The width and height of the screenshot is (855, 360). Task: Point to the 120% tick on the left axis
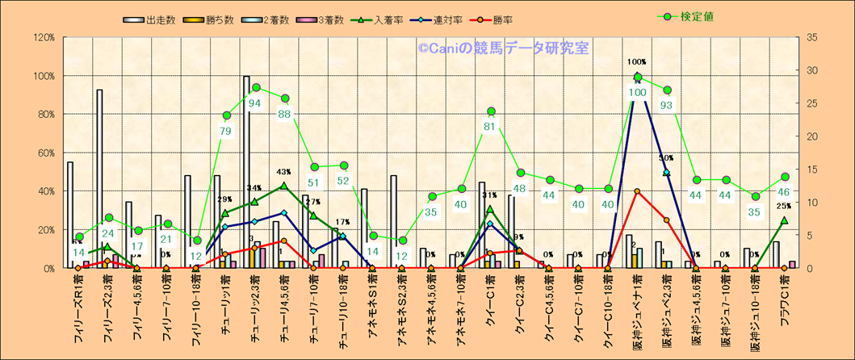point(44,37)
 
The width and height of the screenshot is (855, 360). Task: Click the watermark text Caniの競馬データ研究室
point(504,48)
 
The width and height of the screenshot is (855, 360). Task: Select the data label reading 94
point(255,103)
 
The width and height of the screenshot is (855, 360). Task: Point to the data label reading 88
point(284,114)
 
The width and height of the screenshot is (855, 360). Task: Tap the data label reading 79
point(226,131)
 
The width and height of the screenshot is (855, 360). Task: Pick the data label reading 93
point(667,105)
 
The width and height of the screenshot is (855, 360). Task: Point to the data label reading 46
point(784,192)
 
